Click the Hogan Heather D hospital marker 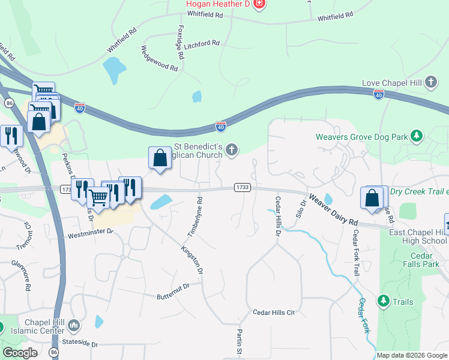[x=259, y=5]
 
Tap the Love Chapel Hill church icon [x=430, y=82]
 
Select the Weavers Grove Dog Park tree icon [x=416, y=137]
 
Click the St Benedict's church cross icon [x=232, y=149]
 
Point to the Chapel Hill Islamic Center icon [x=74, y=326]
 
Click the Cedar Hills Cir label [x=274, y=313]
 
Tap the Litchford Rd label [x=202, y=43]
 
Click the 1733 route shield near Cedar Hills [x=242, y=188]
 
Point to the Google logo [x=20, y=353]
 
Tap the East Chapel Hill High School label [x=418, y=236]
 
